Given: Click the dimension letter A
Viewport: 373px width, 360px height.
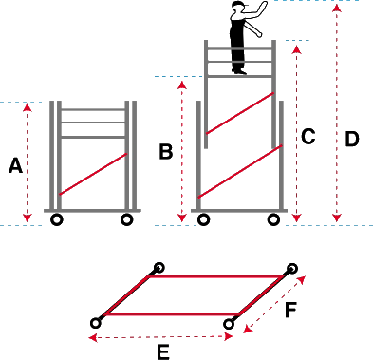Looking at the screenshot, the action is pos(15,166).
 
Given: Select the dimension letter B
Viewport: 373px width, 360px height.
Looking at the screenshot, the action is pos(166,151).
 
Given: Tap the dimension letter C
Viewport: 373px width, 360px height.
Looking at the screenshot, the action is pos(308,137).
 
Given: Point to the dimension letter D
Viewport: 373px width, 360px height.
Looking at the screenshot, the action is pos(352,139).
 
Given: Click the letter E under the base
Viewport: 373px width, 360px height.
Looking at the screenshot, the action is pos(163,352).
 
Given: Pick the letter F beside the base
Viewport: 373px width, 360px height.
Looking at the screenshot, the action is pos(290,310).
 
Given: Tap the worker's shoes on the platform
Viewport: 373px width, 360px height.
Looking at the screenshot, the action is pos(239,71).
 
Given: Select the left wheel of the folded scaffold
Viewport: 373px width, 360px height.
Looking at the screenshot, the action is pos(57,219).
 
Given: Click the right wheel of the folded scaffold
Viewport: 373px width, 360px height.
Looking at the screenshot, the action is pos(127,219).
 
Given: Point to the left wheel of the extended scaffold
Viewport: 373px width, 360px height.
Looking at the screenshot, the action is pos(203,219).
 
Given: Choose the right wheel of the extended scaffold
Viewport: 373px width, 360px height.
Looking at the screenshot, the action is pos(273,219).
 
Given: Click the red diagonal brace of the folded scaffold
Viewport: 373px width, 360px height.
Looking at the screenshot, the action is pos(93,174).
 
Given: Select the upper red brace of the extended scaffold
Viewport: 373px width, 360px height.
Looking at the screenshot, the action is pos(240,113).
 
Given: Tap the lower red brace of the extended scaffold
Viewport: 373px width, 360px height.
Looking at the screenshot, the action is pos(240,171).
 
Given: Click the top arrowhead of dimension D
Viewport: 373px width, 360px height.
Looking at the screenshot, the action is pos(337,8).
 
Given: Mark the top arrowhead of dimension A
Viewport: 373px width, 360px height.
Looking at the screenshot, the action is pos(28,107).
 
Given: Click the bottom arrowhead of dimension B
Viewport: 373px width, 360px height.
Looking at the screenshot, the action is pos(182,218).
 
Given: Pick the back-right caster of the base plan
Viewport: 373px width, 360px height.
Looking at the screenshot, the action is pos(292,269).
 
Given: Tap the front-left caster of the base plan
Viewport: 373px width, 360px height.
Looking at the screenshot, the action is pos(96,323).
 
